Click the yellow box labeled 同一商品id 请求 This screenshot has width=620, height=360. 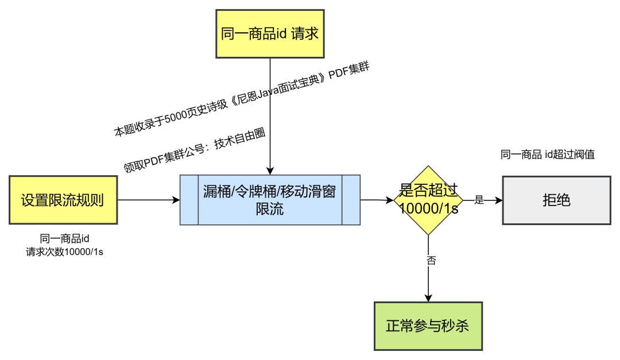click(269, 34)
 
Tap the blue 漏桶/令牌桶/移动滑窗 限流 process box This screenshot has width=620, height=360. click(270, 200)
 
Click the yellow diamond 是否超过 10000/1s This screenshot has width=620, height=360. click(428, 200)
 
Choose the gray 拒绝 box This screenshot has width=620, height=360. click(556, 200)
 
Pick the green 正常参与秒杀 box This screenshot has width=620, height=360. click(428, 326)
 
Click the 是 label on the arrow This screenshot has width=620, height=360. click(479, 200)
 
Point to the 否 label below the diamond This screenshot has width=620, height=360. click(431, 261)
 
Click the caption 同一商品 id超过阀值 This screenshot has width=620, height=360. click(547, 154)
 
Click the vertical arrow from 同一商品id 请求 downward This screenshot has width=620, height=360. click(269, 115)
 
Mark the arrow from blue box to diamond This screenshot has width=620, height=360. click(377, 200)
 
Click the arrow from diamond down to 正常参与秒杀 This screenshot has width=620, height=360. click(428, 281)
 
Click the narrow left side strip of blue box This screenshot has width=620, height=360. click(189, 200)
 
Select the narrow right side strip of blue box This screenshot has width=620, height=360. click(351, 200)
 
